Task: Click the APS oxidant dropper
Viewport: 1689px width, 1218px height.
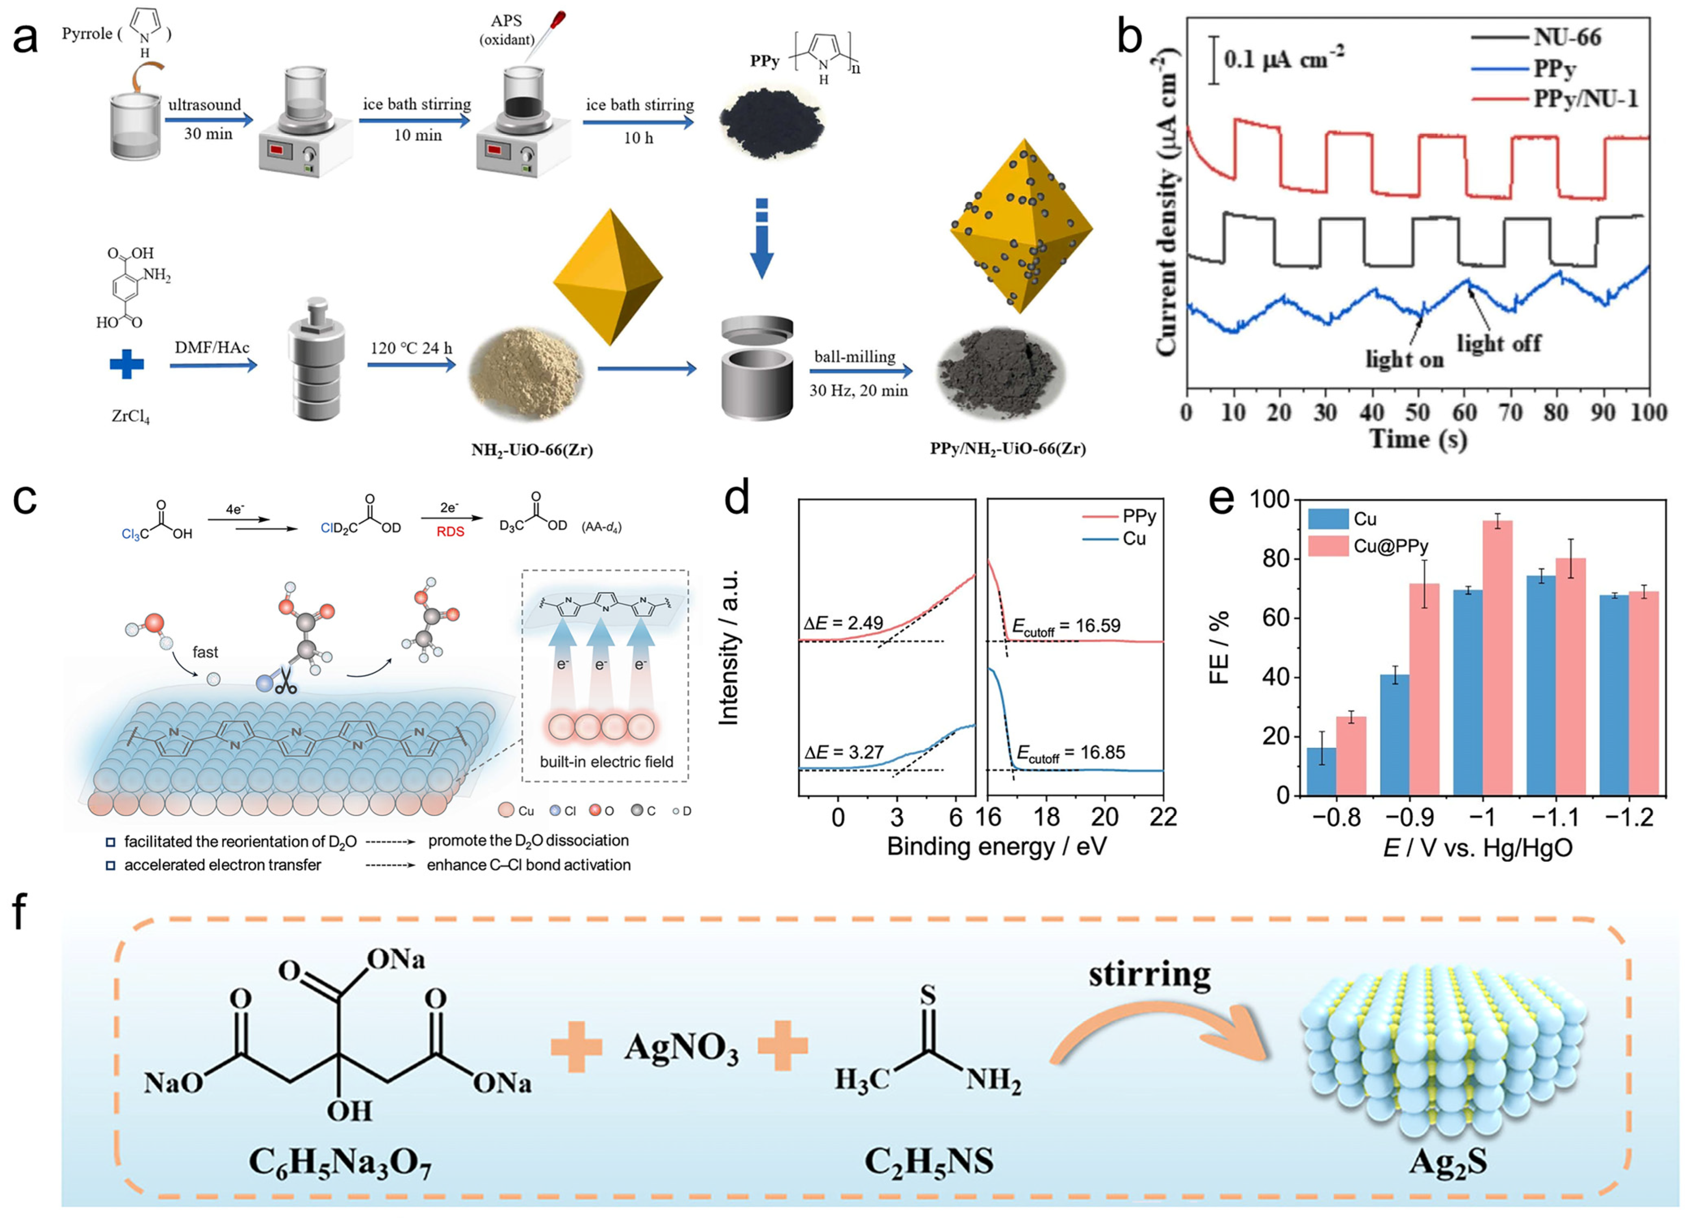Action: point(550,28)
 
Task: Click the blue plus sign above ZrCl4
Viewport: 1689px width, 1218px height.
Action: point(127,365)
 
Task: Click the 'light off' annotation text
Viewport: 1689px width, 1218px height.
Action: point(1498,344)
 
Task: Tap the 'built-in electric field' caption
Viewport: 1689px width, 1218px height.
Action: point(606,762)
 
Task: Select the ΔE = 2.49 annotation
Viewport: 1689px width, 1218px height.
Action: point(844,623)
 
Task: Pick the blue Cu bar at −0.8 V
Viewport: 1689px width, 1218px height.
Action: point(1322,770)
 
